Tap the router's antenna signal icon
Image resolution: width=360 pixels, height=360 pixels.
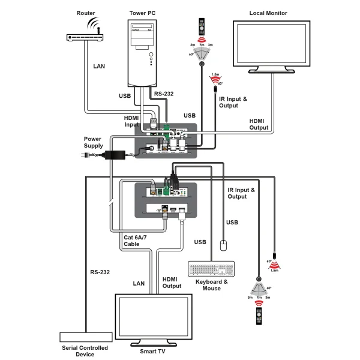pos(93,24)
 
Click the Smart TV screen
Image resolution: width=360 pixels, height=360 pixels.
pos(154,316)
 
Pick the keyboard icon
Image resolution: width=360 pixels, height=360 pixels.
pos(212,269)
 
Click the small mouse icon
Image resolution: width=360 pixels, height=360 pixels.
pos(223,245)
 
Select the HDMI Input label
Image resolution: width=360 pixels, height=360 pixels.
pos(131,121)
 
